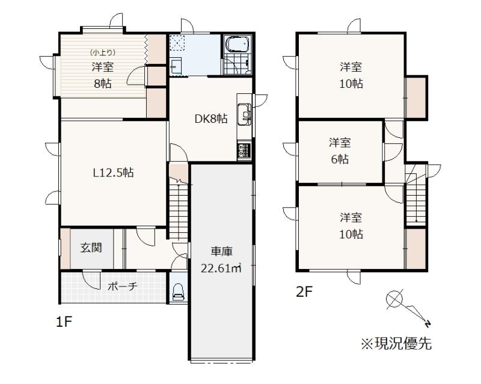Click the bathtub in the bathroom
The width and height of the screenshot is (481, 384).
(x=237, y=44)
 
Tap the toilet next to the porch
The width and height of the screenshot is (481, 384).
(x=178, y=291)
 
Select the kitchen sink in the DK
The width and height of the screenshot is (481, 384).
(x=245, y=114)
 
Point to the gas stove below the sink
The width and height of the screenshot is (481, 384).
(x=245, y=151)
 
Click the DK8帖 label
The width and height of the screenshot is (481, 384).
(x=211, y=119)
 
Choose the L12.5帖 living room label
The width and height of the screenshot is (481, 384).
(x=113, y=173)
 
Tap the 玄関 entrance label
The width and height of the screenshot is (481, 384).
(x=91, y=247)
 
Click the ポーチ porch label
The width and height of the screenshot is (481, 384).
(x=123, y=286)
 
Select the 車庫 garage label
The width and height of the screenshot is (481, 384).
(x=221, y=252)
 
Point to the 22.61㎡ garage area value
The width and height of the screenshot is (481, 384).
(x=221, y=268)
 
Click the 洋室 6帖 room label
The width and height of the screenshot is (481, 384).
(x=340, y=151)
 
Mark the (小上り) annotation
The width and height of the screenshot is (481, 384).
(x=103, y=52)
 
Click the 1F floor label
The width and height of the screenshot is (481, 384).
(x=64, y=322)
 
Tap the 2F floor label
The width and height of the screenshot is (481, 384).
(x=304, y=292)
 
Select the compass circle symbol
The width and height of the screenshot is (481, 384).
(x=394, y=299)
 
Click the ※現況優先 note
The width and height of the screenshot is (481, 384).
(x=396, y=344)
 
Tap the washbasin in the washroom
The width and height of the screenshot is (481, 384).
(x=176, y=66)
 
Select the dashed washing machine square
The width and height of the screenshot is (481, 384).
(x=177, y=42)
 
